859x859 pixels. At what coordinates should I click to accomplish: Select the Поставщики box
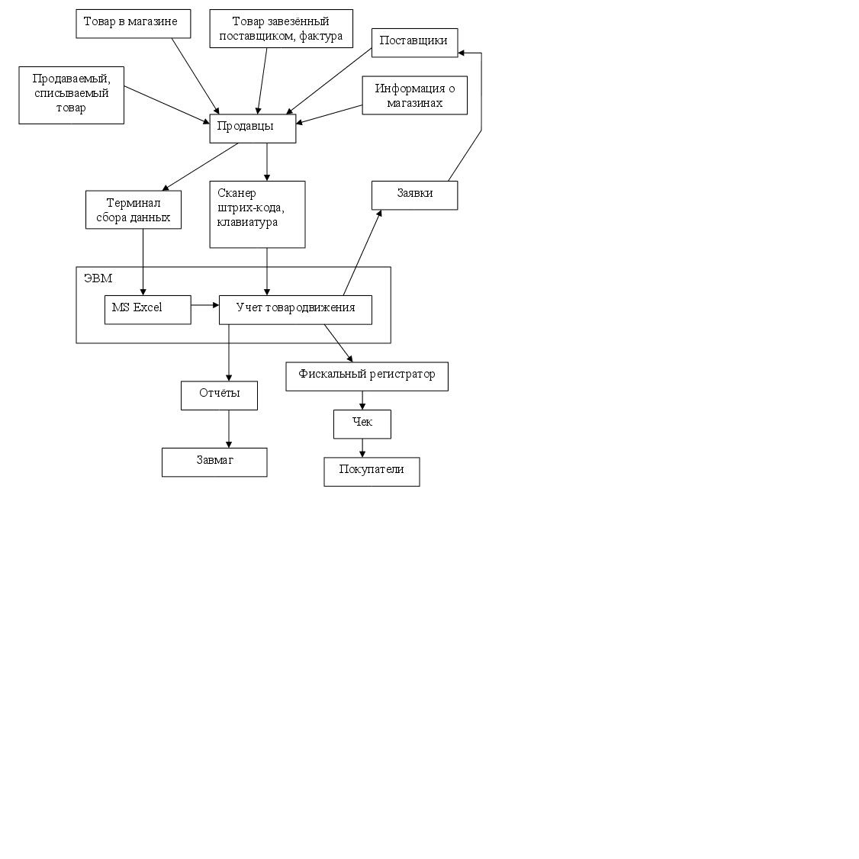click(x=414, y=42)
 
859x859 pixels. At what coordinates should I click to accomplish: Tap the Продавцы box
click(x=253, y=128)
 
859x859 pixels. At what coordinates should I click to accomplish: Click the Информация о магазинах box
click(x=414, y=95)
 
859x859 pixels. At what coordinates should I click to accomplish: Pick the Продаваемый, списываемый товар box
click(x=71, y=95)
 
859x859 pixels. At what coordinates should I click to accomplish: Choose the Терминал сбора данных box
click(x=134, y=210)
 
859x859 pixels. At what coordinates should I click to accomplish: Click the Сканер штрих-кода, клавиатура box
click(x=257, y=214)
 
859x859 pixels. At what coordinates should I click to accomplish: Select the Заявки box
click(x=414, y=195)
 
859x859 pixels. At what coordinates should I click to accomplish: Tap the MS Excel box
click(x=147, y=309)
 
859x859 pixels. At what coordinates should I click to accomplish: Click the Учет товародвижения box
click(x=295, y=309)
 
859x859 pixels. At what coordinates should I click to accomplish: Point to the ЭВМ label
click(x=98, y=278)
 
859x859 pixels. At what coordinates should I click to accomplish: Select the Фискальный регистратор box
click(x=366, y=376)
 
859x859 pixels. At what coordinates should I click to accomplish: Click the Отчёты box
click(x=219, y=395)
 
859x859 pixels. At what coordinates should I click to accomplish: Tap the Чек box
click(x=362, y=423)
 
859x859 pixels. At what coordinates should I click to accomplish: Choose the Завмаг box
click(x=214, y=462)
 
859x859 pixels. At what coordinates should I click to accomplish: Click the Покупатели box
click(x=372, y=471)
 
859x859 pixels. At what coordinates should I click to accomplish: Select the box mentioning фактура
click(x=281, y=29)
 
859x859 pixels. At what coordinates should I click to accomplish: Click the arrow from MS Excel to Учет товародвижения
click(x=204, y=305)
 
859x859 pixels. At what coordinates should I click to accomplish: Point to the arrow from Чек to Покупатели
click(x=362, y=448)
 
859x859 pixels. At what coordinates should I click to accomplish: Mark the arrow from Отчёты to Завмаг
click(x=229, y=429)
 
